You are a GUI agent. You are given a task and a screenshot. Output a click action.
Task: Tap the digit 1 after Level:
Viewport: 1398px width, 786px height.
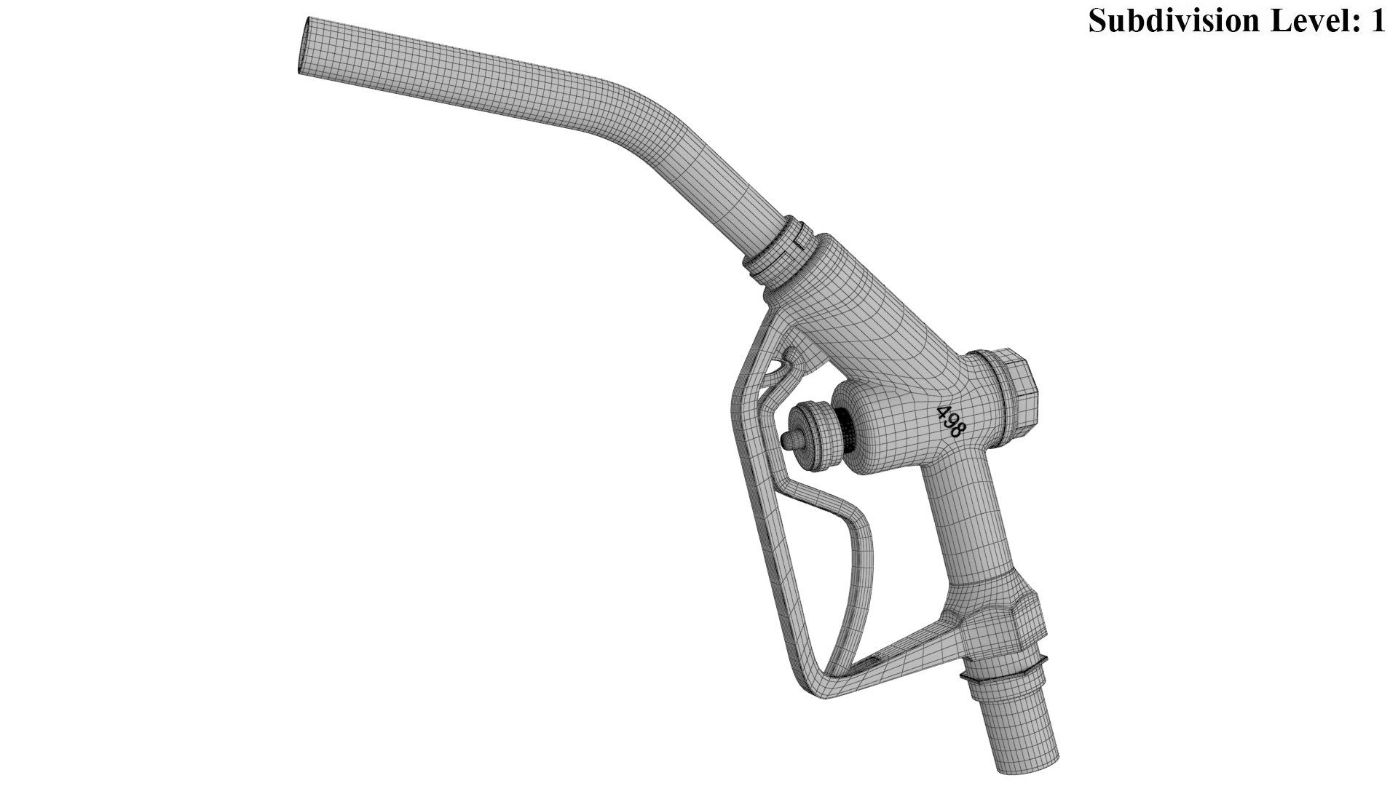[1375, 20]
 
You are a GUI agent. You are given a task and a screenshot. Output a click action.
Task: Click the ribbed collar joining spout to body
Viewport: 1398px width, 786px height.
[779, 251]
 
